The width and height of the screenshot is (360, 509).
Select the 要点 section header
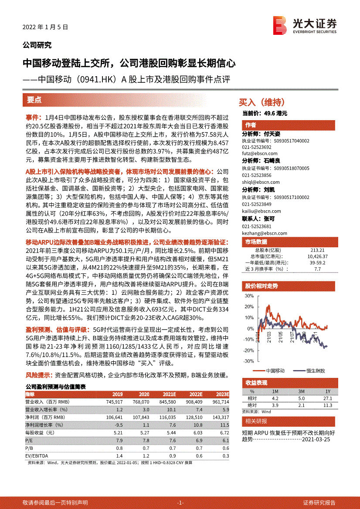pyautogui.click(x=34, y=100)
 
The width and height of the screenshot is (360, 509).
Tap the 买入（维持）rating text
pyautogui.click(x=262, y=102)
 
